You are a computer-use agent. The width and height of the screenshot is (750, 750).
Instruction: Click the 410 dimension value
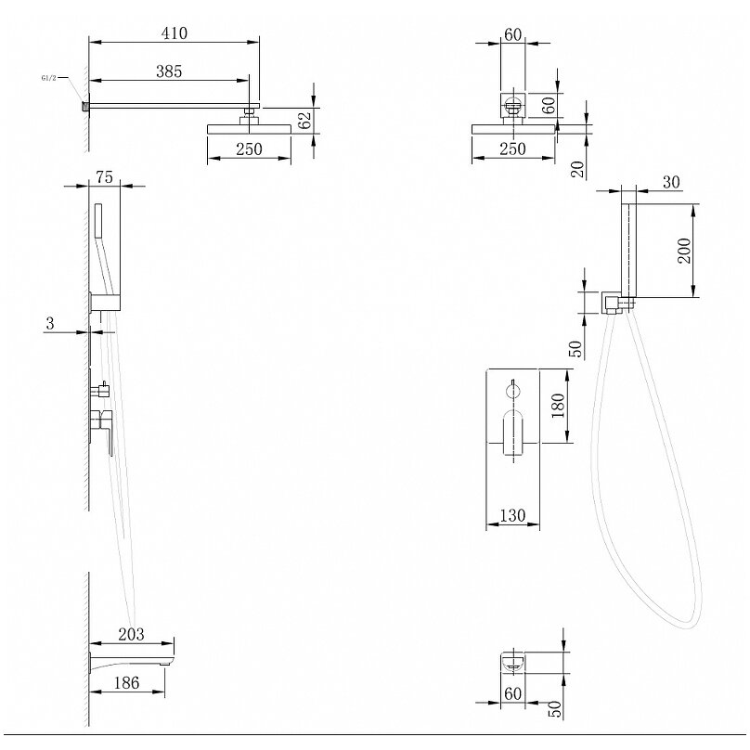tap(174, 33)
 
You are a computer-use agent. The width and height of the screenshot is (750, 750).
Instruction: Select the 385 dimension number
tap(168, 71)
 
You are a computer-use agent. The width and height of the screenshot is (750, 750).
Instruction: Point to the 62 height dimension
tap(304, 120)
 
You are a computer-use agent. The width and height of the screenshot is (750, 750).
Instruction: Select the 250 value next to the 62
tap(249, 149)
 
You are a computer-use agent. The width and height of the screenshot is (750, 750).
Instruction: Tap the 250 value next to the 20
tap(512, 149)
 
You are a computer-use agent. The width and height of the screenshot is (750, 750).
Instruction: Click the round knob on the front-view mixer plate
tap(512, 386)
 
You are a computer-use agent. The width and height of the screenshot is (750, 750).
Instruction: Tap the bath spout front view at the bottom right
tap(512, 661)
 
